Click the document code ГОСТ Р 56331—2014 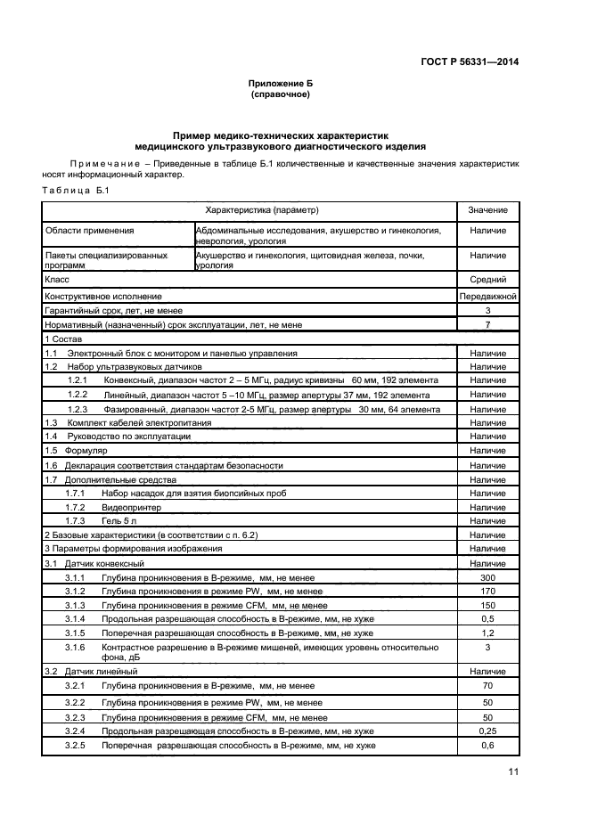(469, 61)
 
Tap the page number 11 (512, 772)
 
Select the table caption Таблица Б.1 (75, 192)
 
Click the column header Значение (487, 210)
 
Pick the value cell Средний (487, 279)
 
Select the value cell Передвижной (487, 295)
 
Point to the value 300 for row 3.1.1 (487, 578)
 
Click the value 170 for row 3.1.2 (487, 591)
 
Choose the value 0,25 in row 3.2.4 (487, 731)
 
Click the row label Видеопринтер (126, 506)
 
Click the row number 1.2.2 (78, 395)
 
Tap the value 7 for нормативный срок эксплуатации (487, 324)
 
